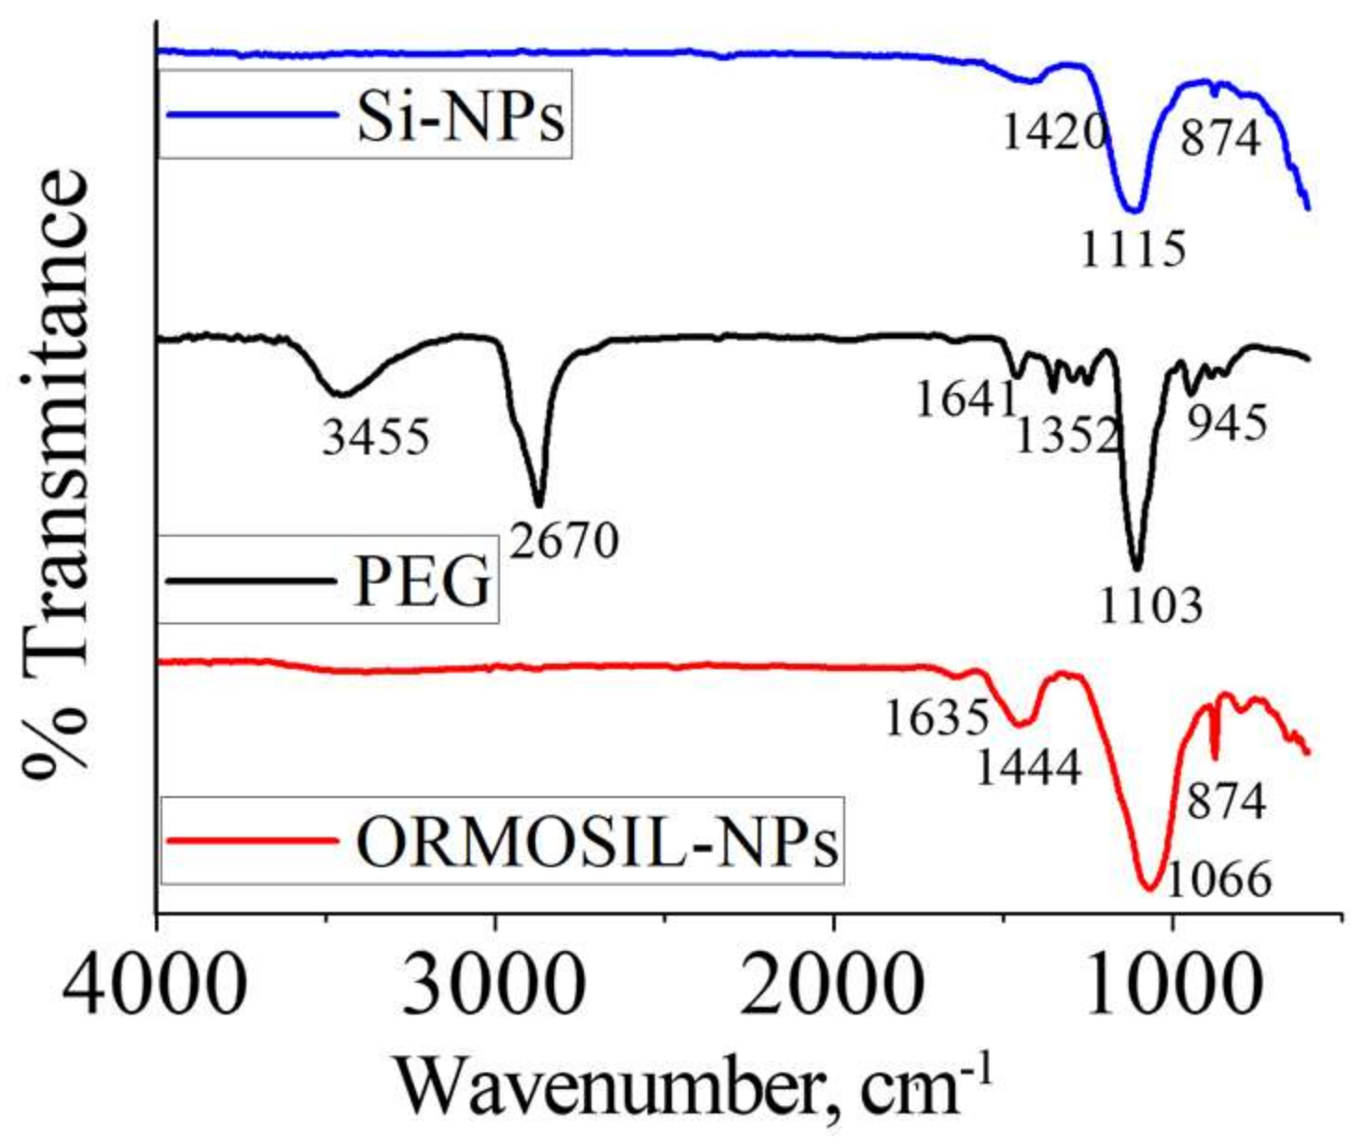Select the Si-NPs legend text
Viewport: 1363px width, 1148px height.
click(x=461, y=118)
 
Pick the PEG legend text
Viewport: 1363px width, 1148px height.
click(x=423, y=581)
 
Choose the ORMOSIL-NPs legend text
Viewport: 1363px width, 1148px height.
click(x=597, y=842)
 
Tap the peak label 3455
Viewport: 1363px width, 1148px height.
click(x=376, y=436)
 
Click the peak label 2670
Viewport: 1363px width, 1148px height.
click(x=564, y=539)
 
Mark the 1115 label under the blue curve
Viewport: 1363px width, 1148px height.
click(x=1133, y=248)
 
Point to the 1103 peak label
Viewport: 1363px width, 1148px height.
click(x=1149, y=607)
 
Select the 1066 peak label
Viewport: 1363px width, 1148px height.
click(x=1218, y=878)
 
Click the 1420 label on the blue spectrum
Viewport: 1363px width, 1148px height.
click(x=1054, y=133)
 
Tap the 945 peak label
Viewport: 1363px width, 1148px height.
click(x=1227, y=423)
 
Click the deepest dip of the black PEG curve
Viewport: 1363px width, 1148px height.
click(x=1136, y=567)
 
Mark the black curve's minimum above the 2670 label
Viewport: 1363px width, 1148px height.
click(x=538, y=505)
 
